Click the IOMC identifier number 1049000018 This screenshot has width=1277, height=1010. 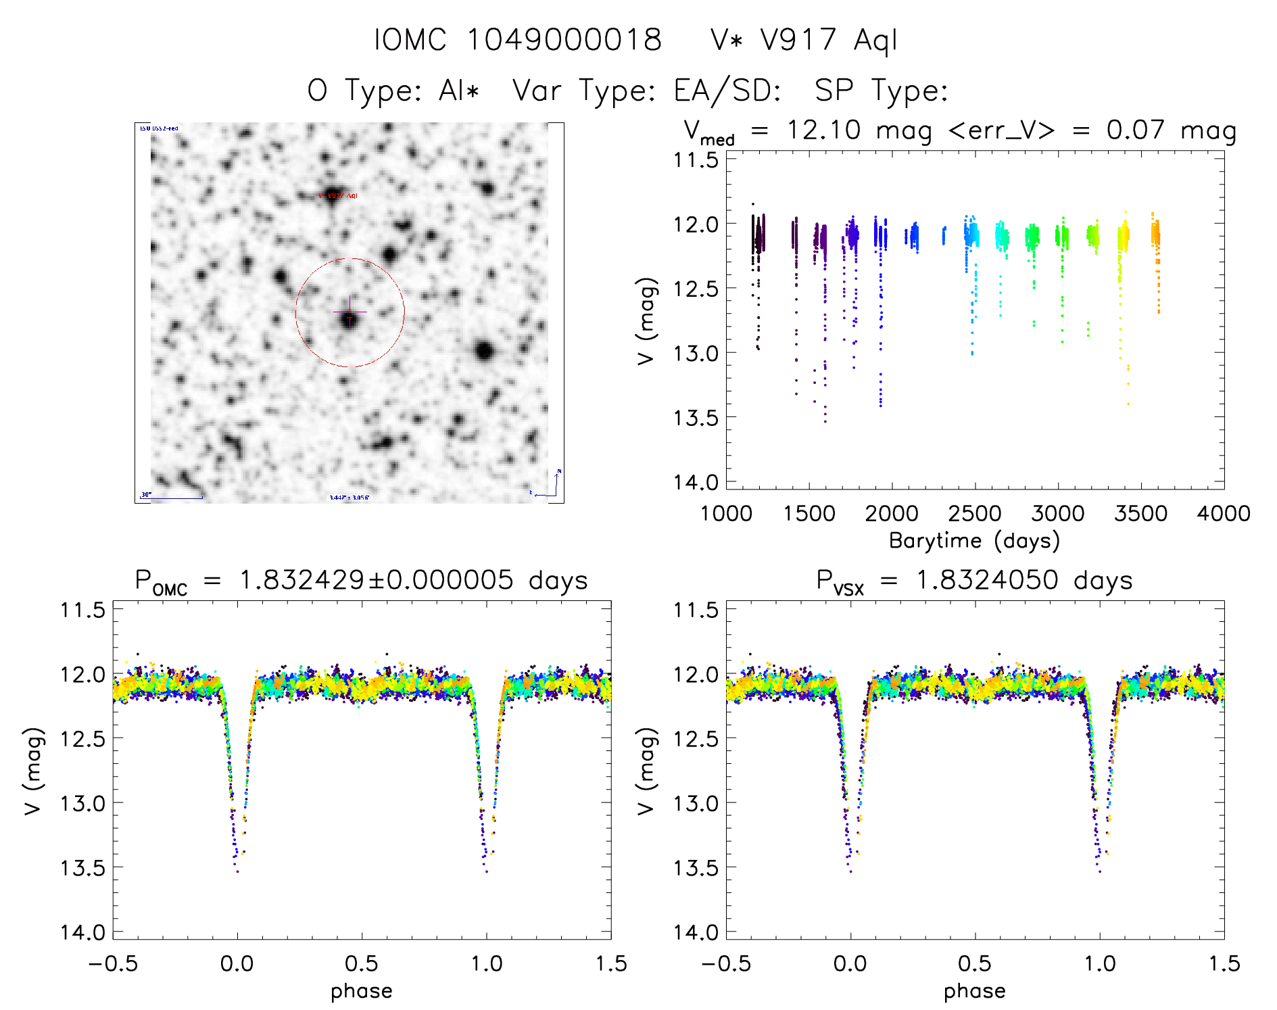pyautogui.click(x=564, y=39)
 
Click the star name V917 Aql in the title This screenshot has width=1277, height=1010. pyautogui.click(x=829, y=39)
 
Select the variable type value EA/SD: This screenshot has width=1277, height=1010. pyautogui.click(x=727, y=90)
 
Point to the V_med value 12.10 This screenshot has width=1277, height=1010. pyautogui.click(x=824, y=130)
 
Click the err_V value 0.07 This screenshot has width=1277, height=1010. pyautogui.click(x=1136, y=130)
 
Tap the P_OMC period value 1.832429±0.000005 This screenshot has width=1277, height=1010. pyautogui.click(x=376, y=580)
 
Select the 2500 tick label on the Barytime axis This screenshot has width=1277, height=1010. pyautogui.click(x=975, y=514)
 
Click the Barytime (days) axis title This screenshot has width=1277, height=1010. pyautogui.click(x=974, y=541)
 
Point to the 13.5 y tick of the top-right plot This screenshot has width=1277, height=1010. pyautogui.click(x=696, y=418)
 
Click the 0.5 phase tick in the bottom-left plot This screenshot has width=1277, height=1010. pyautogui.click(x=362, y=963)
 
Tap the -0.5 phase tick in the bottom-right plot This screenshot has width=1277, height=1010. pyautogui.click(x=726, y=963)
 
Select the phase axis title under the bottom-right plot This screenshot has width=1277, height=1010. pyautogui.click(x=974, y=991)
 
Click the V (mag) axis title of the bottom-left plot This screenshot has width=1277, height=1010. pyautogui.click(x=34, y=771)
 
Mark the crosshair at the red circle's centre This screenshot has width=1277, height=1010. pyautogui.click(x=350, y=312)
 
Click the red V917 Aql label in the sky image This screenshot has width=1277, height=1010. pyautogui.click(x=338, y=195)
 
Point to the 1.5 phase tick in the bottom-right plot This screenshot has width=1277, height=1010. pyautogui.click(x=1224, y=963)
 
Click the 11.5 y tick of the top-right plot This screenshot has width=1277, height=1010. pyautogui.click(x=696, y=160)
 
